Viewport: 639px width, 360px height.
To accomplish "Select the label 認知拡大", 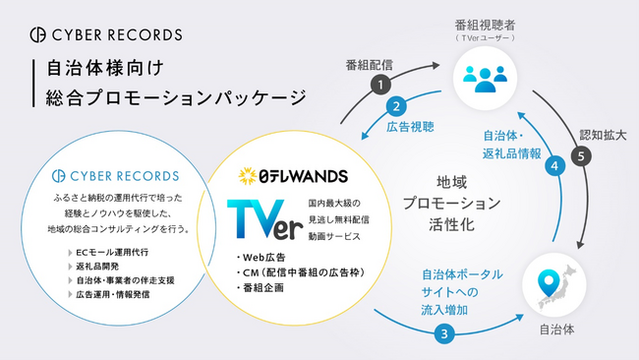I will (601, 135).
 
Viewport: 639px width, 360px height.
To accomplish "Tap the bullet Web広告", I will (261, 259).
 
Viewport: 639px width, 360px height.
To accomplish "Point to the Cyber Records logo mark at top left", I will (35, 34).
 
